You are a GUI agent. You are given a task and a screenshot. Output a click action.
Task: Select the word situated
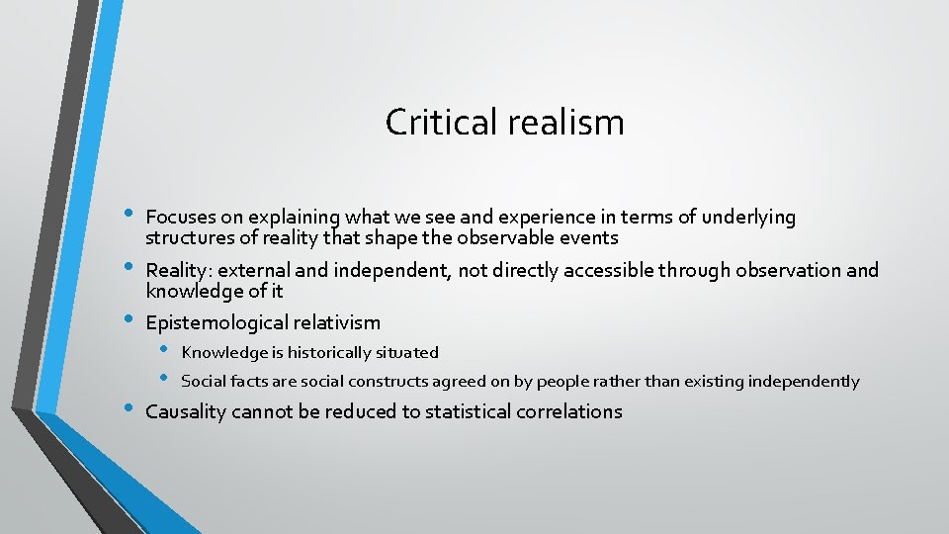[x=407, y=352]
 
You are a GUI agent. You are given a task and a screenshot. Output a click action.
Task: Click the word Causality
[x=186, y=411]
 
